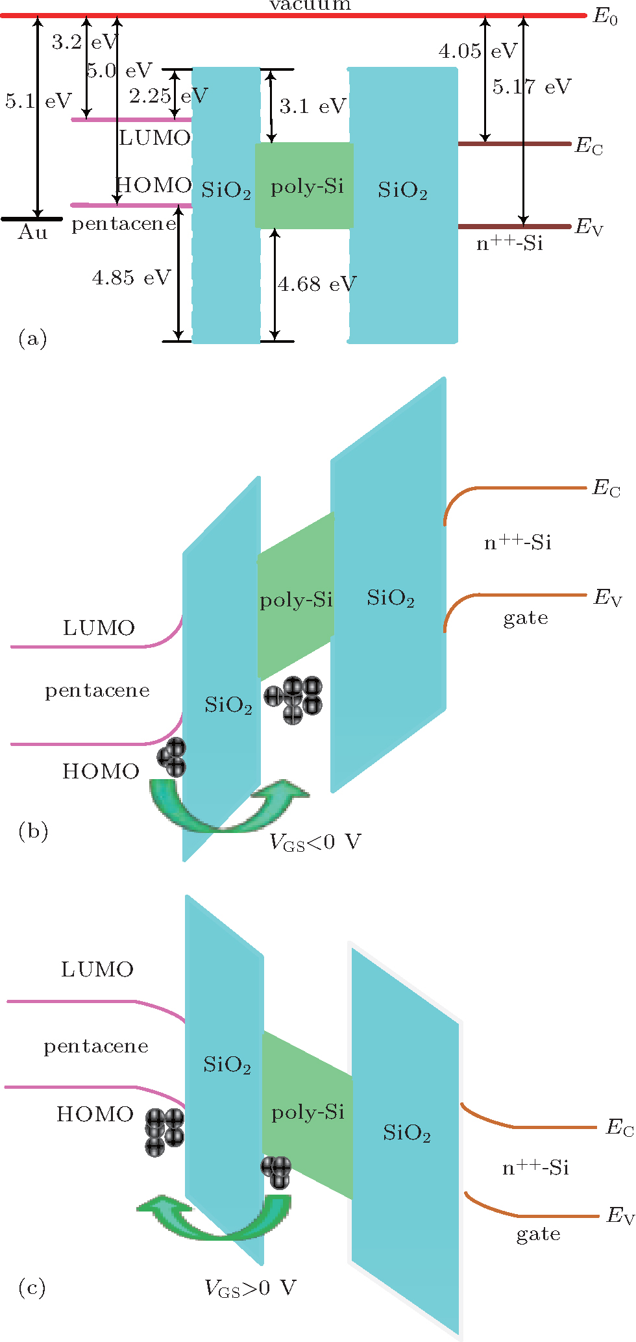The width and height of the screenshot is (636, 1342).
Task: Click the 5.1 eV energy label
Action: click(x=38, y=101)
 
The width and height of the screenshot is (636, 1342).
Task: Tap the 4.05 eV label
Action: click(x=478, y=51)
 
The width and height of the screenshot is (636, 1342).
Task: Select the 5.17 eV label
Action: click(x=532, y=86)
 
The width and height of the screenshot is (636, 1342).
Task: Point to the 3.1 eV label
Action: click(x=313, y=106)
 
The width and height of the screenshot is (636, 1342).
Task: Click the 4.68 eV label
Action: click(x=317, y=284)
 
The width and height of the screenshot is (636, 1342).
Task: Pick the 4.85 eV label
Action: click(x=131, y=278)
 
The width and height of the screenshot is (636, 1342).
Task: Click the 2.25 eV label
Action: click(x=168, y=96)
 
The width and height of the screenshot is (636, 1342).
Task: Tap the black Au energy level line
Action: click(x=31, y=219)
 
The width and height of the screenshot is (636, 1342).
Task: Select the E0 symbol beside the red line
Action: click(x=605, y=17)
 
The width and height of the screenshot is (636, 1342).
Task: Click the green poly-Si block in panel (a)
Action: click(x=304, y=186)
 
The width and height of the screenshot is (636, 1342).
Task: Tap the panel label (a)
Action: click(x=32, y=338)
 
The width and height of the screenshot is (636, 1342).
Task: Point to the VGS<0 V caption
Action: click(x=315, y=843)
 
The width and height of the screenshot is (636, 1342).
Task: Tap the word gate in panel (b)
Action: click(x=526, y=617)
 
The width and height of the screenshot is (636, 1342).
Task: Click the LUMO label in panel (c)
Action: click(x=97, y=969)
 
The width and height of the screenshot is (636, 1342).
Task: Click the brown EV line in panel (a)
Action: click(x=513, y=227)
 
